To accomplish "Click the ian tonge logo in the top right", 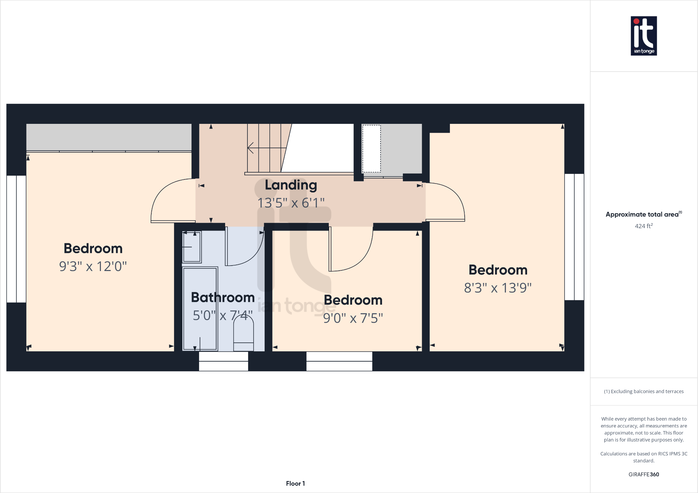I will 643,36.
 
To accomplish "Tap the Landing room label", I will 291,185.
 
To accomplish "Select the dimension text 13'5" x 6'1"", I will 291,203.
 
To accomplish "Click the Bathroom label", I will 223,297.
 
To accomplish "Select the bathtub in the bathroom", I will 200,309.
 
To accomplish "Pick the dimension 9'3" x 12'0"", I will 93,266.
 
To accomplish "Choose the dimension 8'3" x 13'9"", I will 498,288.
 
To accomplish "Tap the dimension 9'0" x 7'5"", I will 353,318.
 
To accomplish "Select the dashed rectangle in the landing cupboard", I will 371,149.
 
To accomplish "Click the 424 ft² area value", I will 643,226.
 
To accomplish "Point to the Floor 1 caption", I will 295,483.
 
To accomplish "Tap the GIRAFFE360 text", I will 643,474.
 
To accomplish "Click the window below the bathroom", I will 223,361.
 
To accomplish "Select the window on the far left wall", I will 16,239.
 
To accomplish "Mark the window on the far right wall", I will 574,237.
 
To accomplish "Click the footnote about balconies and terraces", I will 643,391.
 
